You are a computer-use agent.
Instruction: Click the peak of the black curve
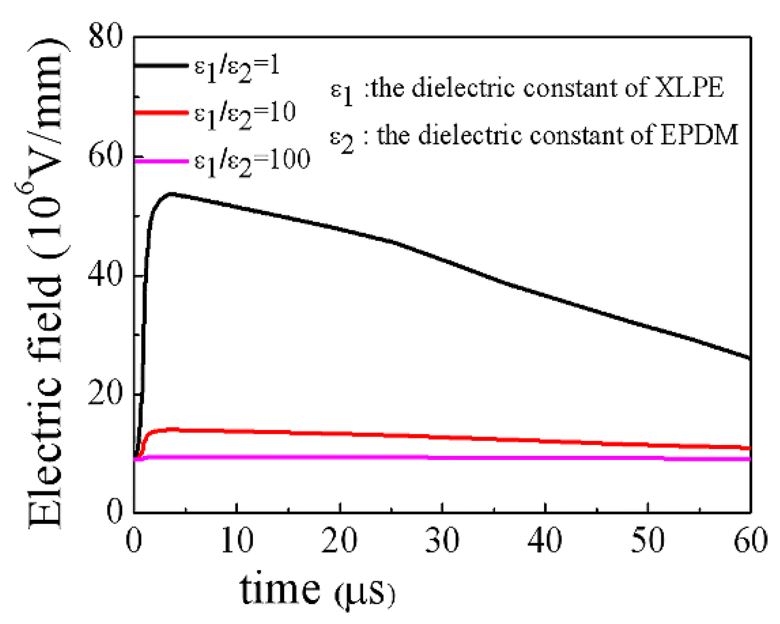click(x=171, y=194)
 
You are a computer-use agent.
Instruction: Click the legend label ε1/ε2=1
click(x=237, y=67)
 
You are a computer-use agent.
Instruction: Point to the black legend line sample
click(x=161, y=65)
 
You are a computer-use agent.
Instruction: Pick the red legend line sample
click(x=161, y=113)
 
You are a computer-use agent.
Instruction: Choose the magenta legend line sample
click(x=161, y=161)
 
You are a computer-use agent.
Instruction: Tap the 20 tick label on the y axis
click(x=105, y=394)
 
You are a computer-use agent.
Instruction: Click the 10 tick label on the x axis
click(x=236, y=540)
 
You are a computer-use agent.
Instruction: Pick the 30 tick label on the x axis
click(x=442, y=540)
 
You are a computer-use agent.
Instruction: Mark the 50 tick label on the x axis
click(x=647, y=540)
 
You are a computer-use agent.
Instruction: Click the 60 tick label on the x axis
click(x=750, y=540)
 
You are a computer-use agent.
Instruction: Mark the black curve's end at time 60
click(x=750, y=358)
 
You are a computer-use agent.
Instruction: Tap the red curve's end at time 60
click(x=750, y=448)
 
